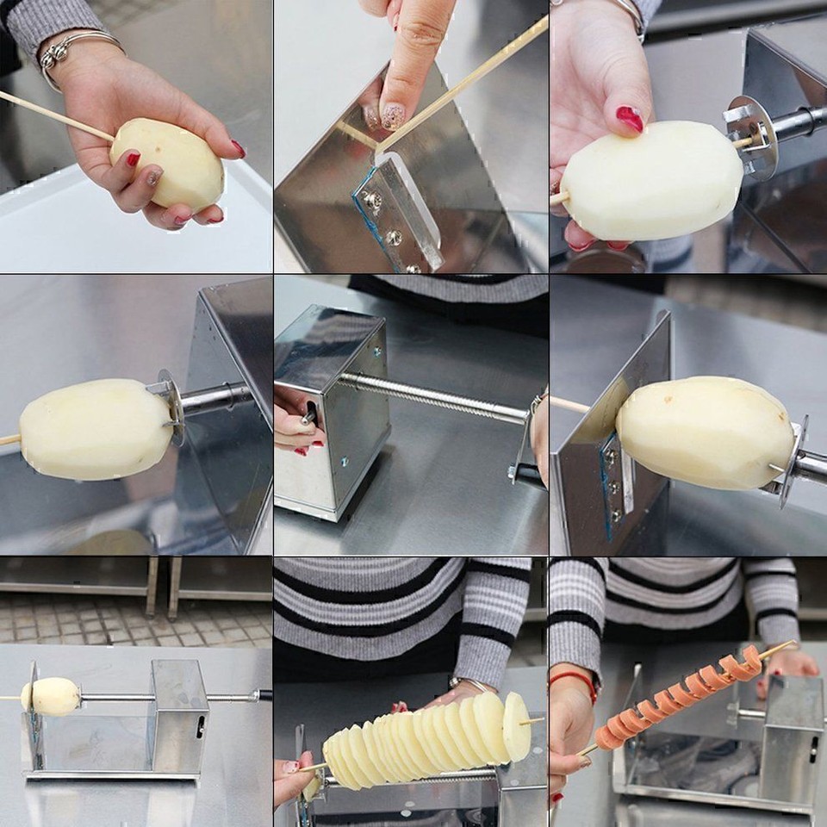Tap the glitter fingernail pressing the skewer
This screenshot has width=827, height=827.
pyautogui.click(x=394, y=116)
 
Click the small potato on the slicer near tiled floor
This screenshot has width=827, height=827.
pyautogui.click(x=51, y=696)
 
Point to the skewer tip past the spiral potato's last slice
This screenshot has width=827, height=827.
pyautogui.click(x=539, y=719)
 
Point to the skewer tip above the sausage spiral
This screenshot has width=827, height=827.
pyautogui.click(x=789, y=644)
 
